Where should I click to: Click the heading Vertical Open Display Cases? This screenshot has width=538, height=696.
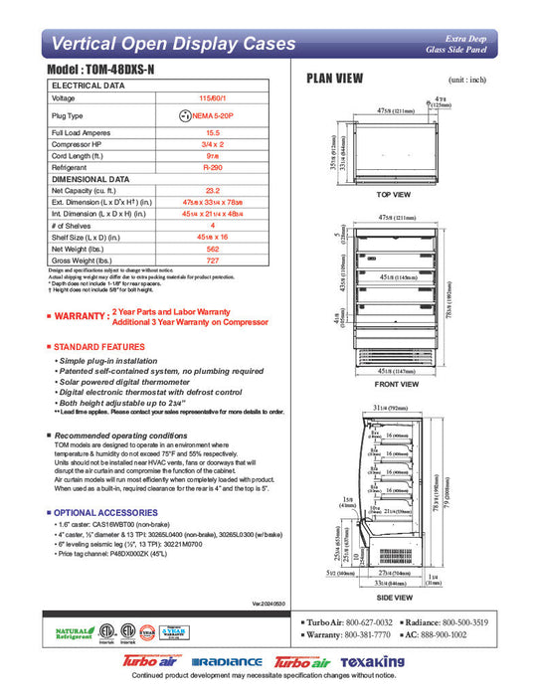pyautogui.click(x=172, y=44)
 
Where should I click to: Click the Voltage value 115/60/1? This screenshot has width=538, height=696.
pyautogui.click(x=212, y=98)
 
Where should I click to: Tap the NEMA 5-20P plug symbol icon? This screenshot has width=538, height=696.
pyautogui.click(x=184, y=114)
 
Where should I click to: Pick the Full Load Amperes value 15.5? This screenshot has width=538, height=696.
pyautogui.click(x=212, y=131)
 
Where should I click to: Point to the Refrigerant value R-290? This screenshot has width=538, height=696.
pyautogui.click(x=212, y=168)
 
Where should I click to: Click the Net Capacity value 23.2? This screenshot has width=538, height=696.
pyautogui.click(x=212, y=190)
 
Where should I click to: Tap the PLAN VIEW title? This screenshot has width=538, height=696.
pyautogui.click(x=334, y=79)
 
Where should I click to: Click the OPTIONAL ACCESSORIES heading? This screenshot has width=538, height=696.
pyautogui.click(x=101, y=512)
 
